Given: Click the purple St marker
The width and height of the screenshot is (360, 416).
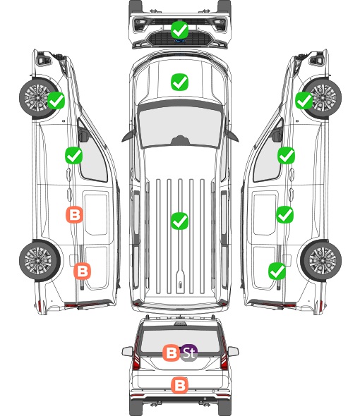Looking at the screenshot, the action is pyautogui.click(x=189, y=353).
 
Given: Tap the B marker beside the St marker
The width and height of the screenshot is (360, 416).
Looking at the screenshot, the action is pyautogui.click(x=171, y=353).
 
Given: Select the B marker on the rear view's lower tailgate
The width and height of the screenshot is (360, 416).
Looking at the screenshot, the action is pyautogui.click(x=179, y=385).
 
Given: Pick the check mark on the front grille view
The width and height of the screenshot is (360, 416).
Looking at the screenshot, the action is pyautogui.click(x=179, y=30).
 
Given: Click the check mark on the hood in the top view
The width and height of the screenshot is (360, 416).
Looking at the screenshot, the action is pyautogui.click(x=179, y=82).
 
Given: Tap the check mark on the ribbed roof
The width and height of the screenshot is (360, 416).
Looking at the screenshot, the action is pyautogui.click(x=179, y=221).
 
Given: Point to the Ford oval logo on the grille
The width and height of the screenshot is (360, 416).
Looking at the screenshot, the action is pyautogui.click(x=179, y=41).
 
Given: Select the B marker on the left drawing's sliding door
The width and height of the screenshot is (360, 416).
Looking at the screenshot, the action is pyautogui.click(x=74, y=214).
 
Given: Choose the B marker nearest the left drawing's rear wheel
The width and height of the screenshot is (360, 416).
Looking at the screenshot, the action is pyautogui.click(x=82, y=271).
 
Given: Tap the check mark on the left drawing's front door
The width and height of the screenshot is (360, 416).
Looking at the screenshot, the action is pyautogui.click(x=73, y=155).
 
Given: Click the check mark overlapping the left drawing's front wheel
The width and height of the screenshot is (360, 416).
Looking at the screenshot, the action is pyautogui.click(x=56, y=100).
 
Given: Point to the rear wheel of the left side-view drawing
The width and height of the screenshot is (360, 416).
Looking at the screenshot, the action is pyautogui.click(x=40, y=261).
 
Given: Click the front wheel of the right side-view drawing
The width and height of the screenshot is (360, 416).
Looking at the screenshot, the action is pyautogui.click(x=321, y=97).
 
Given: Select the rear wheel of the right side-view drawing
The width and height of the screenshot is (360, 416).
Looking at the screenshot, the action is pyautogui.click(x=321, y=261).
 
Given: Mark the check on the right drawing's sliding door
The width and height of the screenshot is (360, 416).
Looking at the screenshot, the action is pyautogui.click(x=284, y=214).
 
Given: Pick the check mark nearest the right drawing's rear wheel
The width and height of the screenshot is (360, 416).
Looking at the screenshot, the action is pyautogui.click(x=277, y=271).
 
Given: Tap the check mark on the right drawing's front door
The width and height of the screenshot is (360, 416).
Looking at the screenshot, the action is pyautogui.click(x=286, y=155).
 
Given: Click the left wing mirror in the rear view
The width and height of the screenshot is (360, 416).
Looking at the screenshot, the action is pyautogui.click(x=128, y=352).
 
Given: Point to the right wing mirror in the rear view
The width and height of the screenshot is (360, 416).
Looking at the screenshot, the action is pyautogui.click(x=233, y=352).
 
